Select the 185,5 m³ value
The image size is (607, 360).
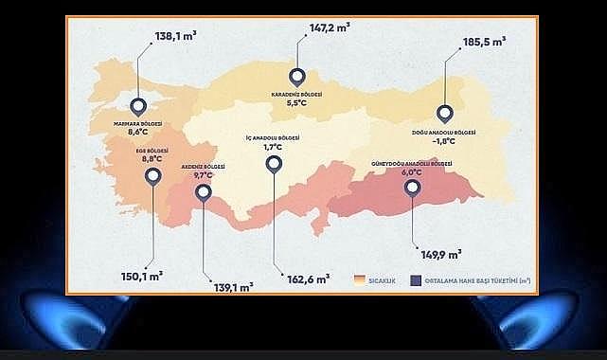pyautogui.click(x=484, y=44)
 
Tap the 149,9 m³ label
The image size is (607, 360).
pyautogui.click(x=440, y=254)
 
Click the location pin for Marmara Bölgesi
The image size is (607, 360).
pyautogui.click(x=139, y=108)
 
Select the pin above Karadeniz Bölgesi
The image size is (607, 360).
pyautogui.click(x=298, y=78)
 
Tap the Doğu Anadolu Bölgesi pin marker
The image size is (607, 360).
pyautogui.click(x=442, y=111)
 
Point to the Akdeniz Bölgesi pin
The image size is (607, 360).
pyautogui.click(x=203, y=192)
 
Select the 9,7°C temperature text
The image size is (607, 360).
pyautogui.click(x=203, y=175)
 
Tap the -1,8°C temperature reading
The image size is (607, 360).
pyautogui.click(x=444, y=139)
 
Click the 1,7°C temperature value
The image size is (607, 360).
pyautogui.click(x=274, y=147)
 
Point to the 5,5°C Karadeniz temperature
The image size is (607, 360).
pyautogui.click(x=299, y=103)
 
